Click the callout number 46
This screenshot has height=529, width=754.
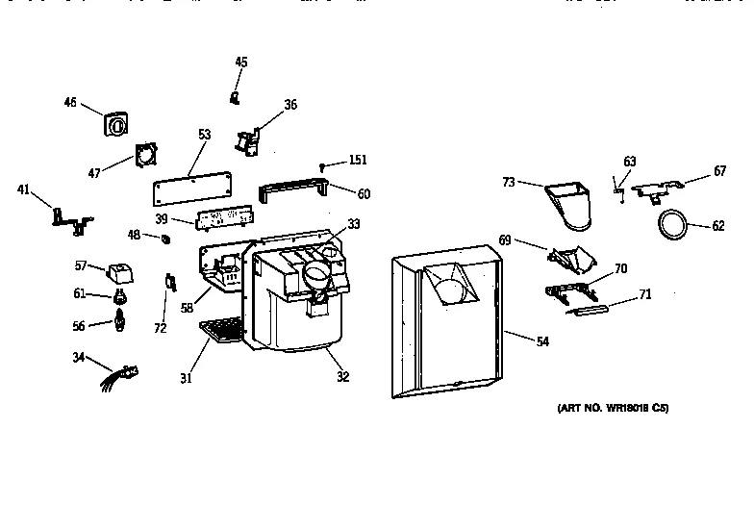[70, 103]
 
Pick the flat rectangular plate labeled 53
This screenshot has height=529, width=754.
[194, 187]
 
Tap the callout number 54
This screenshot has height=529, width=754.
[542, 341]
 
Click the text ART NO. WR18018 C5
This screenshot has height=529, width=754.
[613, 408]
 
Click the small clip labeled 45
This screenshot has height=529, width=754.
[234, 96]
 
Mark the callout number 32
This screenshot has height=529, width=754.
[342, 377]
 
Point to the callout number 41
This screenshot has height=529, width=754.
[24, 189]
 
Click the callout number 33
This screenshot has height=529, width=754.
[353, 224]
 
